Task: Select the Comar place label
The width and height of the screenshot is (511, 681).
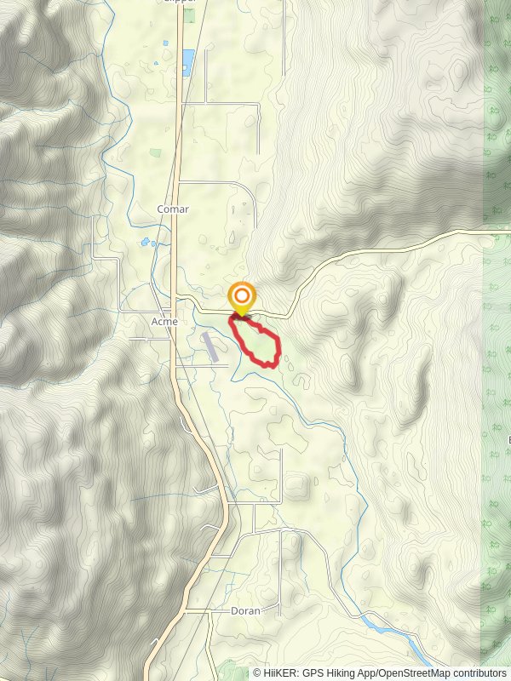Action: [173, 209]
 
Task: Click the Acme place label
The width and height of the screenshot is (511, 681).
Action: [164, 322]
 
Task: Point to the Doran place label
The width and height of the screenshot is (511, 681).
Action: [244, 610]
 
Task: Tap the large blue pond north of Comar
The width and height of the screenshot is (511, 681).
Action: [187, 59]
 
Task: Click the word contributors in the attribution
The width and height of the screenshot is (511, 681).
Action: [474, 672]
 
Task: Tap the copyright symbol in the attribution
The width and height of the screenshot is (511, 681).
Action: [257, 672]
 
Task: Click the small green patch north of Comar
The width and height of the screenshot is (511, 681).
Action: [155, 153]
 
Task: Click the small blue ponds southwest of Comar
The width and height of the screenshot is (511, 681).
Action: [147, 243]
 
